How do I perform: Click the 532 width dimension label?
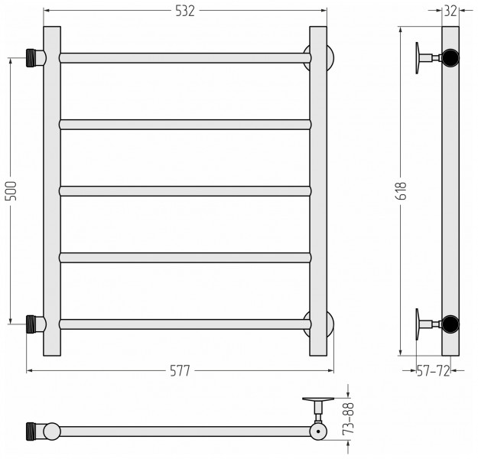tap(185, 11)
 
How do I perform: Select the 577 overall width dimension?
tap(180, 371)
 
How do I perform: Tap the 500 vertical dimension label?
tap(11, 191)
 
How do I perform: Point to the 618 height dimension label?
tap(402, 191)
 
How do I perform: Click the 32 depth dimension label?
tap(450, 11)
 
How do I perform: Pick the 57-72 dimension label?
tap(433, 371)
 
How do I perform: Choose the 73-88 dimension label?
tap(349, 418)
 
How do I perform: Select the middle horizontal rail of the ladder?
tap(185, 191)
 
